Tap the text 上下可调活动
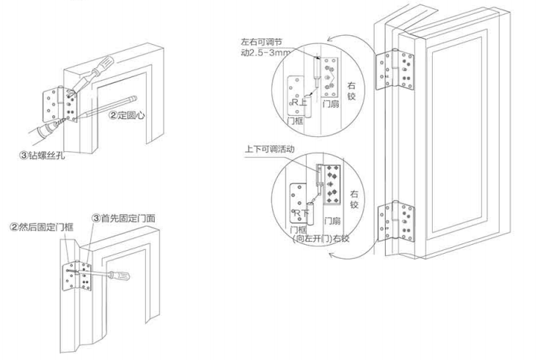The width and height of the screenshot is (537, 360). click(268, 149)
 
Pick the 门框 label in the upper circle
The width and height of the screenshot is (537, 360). click(295, 119)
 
